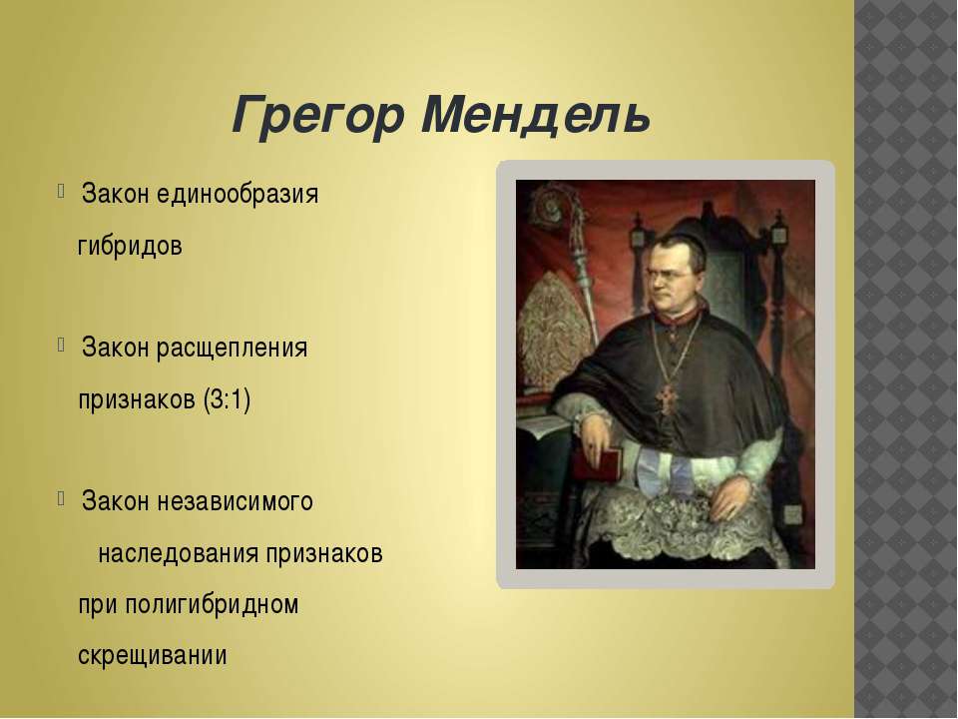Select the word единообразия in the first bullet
pos(237,194)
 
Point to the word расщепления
pos(232,349)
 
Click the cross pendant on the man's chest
pos(666,397)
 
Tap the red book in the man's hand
pos(608,462)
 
